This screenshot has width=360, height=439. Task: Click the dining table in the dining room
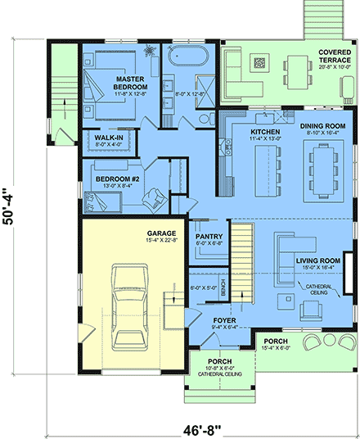point(320,168)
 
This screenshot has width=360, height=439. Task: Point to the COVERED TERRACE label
point(334,57)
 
